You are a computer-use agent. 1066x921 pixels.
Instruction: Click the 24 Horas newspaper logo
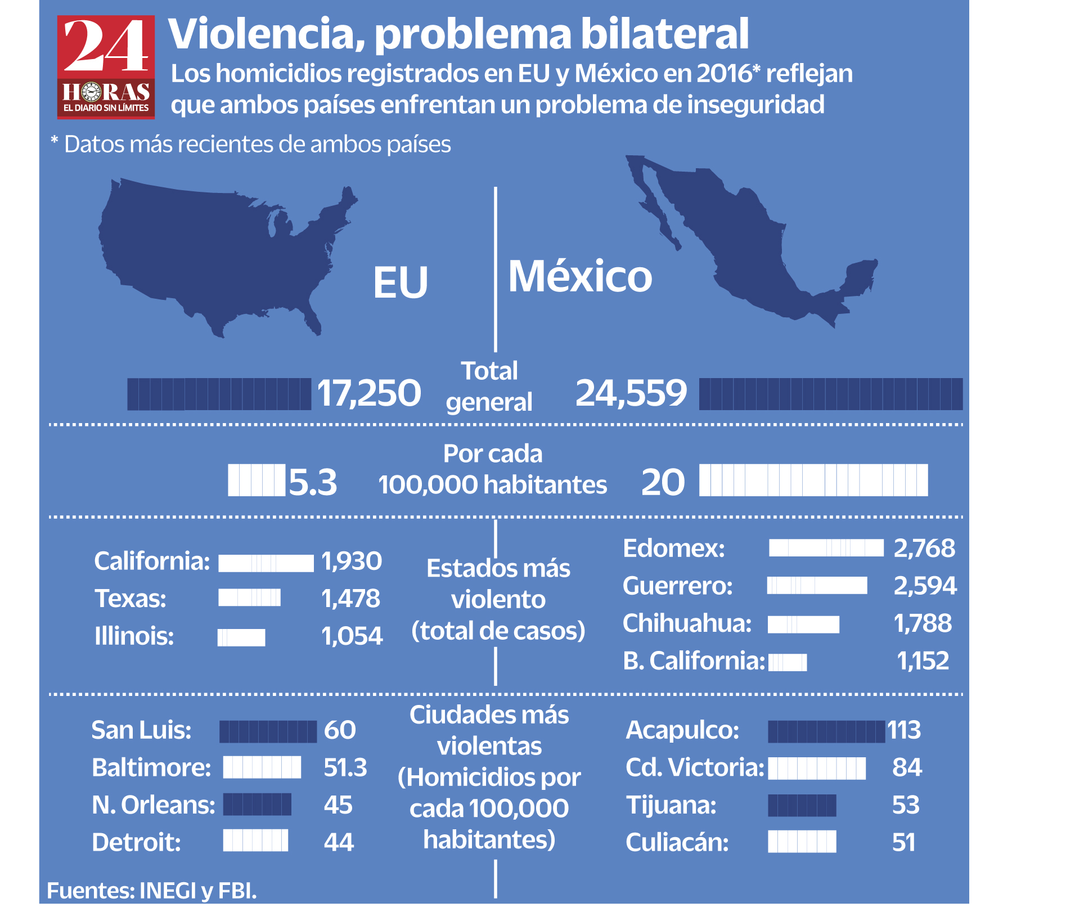(106, 67)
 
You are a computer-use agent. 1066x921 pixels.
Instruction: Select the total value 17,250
(369, 393)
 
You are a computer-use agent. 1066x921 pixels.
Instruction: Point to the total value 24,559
(631, 393)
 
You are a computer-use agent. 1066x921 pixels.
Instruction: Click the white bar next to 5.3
(256, 480)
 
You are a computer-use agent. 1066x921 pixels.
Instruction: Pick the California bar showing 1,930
(266, 563)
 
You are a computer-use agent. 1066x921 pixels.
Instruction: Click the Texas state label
(131, 599)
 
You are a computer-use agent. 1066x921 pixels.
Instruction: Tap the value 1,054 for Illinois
(352, 636)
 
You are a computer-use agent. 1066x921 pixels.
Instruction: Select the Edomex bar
(826, 548)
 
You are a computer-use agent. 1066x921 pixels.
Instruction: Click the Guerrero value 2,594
(925, 586)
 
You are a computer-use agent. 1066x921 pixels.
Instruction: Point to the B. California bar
(788, 662)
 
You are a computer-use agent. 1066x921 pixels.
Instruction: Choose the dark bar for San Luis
(268, 731)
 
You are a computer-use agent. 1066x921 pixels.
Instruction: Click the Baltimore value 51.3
(345, 767)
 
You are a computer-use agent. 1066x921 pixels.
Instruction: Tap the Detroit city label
(136, 842)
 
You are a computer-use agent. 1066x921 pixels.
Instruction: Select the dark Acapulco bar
(826, 731)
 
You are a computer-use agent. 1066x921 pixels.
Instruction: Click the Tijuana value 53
(906, 805)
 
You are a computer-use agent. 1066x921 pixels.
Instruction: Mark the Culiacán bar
(802, 842)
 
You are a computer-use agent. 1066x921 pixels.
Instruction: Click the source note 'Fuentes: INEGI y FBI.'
(152, 891)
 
